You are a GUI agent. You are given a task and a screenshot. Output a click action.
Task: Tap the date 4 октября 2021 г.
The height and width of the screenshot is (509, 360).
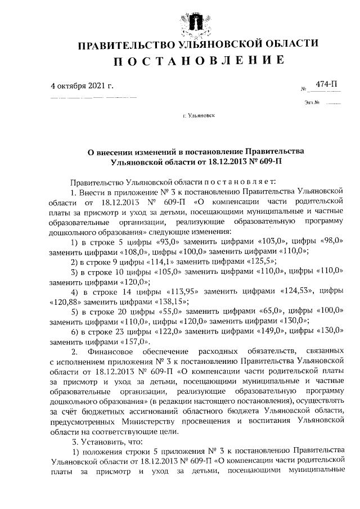(x=82, y=86)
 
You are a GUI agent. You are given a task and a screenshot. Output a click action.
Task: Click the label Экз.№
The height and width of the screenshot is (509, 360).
(x=312, y=103)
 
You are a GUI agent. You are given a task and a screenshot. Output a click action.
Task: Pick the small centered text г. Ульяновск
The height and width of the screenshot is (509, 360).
(x=198, y=116)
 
